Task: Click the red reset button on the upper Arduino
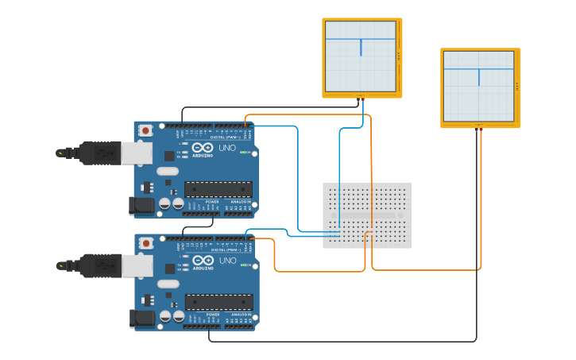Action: click(x=145, y=131)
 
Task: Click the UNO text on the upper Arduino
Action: click(x=227, y=148)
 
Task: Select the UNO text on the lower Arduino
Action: click(x=227, y=261)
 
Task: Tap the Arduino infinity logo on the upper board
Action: click(x=202, y=148)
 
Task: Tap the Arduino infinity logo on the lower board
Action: click(x=202, y=261)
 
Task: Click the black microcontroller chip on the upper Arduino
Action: click(x=218, y=189)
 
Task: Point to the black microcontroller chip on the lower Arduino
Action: click(x=218, y=302)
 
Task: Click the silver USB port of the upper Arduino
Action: click(x=140, y=153)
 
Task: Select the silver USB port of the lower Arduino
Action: click(x=140, y=265)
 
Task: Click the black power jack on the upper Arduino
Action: click(x=141, y=206)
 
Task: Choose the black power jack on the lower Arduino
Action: click(x=141, y=319)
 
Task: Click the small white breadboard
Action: click(x=367, y=215)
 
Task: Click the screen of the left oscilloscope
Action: click(x=360, y=56)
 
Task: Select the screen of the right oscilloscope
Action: click(x=478, y=86)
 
